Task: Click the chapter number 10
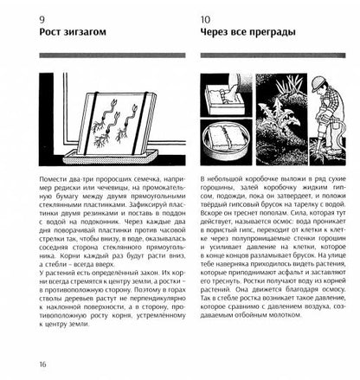point(208,20)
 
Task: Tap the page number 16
point(19,364)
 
